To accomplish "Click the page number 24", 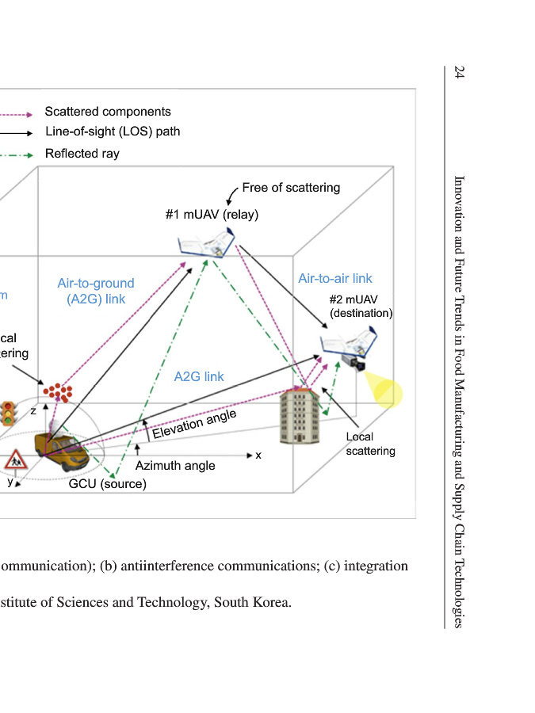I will pos(459,72).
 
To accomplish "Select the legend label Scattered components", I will pos(108,112).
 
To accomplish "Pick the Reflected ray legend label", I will pos(82,154).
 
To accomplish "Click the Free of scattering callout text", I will pos(291,188).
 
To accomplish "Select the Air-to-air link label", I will pos(334,278).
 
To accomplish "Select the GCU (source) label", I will pos(108,484).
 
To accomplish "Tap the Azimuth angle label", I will pos(174,466).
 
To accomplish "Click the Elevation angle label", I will pos(194,425).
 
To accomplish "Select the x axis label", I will pos(258,456).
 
